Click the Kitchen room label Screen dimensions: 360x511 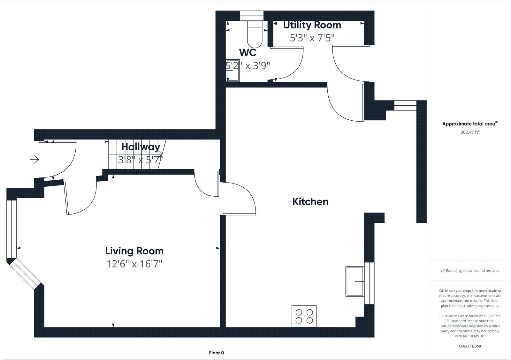click(310, 202)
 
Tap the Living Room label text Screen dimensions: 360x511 click(134, 251)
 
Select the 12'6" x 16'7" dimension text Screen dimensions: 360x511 click(134, 264)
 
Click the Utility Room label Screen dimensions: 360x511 click(312, 25)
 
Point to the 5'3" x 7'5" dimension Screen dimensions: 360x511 click(312, 38)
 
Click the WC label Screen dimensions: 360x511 click(248, 52)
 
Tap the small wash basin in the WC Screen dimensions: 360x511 click(233, 70)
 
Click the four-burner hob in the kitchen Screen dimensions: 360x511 click(304, 316)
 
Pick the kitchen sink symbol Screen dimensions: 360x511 click(355, 281)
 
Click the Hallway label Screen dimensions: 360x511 click(141, 147)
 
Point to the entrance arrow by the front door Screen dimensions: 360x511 click(34, 159)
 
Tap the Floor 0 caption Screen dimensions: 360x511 click(216, 353)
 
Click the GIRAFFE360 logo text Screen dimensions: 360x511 click(470, 346)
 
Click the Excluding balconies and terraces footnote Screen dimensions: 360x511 click(470, 271)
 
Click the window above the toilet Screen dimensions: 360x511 click(251, 16)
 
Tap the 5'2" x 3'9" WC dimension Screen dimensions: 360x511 click(248, 66)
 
